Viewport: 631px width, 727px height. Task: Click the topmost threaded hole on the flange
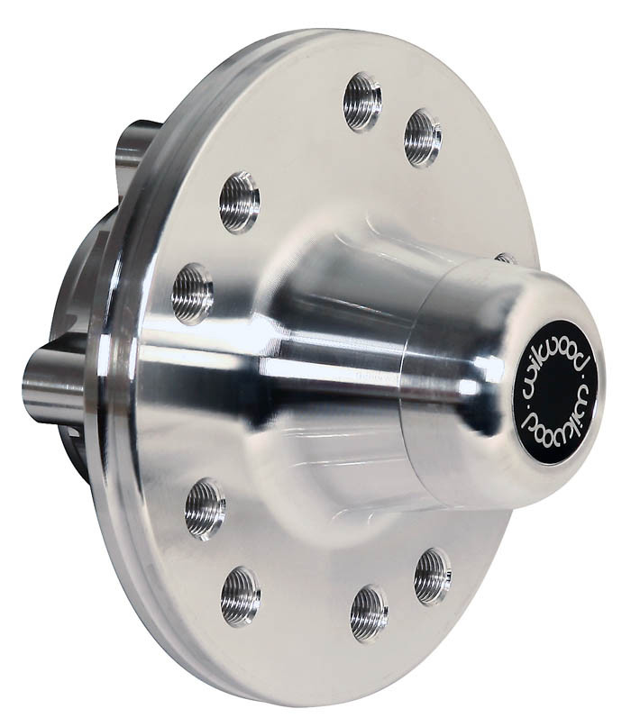[x=362, y=101]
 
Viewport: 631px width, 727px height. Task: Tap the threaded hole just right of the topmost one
[x=422, y=137]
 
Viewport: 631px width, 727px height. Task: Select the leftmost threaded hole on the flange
[x=193, y=293]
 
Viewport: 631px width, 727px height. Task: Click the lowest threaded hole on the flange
[x=369, y=613]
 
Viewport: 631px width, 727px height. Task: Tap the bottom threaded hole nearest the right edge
[x=433, y=576]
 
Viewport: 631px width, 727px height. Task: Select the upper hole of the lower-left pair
[x=206, y=509]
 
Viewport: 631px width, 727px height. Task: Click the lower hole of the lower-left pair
[x=241, y=595]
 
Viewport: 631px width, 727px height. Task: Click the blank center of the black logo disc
[x=557, y=392]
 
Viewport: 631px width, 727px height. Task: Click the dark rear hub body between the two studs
[x=86, y=270]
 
